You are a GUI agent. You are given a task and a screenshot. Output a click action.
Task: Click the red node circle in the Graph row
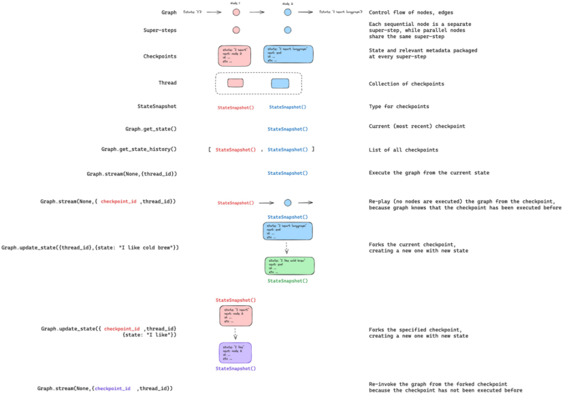click(x=236, y=12)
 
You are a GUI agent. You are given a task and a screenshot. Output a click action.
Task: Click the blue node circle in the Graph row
click(x=287, y=12)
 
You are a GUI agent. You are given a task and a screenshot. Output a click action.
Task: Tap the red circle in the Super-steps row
click(x=236, y=30)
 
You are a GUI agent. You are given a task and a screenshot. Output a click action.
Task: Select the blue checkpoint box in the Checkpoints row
click(x=288, y=54)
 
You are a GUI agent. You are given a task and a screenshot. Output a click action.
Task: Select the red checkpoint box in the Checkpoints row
click(x=235, y=55)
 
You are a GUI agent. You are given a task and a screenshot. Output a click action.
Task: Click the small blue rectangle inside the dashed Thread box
click(x=280, y=84)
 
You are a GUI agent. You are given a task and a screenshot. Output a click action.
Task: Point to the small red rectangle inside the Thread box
click(x=235, y=83)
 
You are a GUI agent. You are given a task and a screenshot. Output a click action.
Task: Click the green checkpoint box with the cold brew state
click(x=288, y=265)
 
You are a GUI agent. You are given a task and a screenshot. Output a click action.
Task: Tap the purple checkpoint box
click(x=235, y=352)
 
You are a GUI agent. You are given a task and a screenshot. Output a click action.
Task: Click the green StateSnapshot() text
click(x=287, y=280)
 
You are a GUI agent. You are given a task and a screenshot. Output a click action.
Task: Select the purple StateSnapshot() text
click(x=235, y=368)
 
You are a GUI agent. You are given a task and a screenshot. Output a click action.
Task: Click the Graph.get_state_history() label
click(x=139, y=149)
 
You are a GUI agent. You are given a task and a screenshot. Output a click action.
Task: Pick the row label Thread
click(x=167, y=83)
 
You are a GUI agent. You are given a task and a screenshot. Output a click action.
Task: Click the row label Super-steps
click(x=160, y=31)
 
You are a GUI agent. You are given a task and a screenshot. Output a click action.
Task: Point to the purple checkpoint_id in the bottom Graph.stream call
click(x=112, y=388)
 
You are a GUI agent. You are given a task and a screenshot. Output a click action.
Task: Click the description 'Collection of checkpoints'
click(x=407, y=84)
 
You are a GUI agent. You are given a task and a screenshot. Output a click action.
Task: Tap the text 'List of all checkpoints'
click(x=403, y=150)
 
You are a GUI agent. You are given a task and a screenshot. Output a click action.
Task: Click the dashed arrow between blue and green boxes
click(x=287, y=247)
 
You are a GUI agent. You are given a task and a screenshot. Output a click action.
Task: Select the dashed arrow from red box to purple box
click(x=235, y=333)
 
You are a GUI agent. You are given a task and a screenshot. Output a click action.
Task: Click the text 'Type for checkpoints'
click(x=399, y=107)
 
